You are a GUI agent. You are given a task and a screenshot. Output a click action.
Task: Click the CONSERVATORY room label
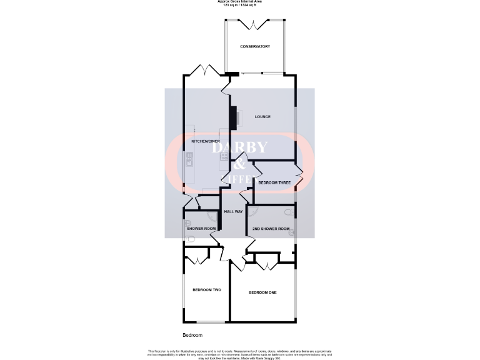click(255, 47)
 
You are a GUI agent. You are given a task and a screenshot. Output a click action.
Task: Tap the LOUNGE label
click(262, 117)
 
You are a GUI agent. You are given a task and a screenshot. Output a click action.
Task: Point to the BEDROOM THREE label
click(274, 182)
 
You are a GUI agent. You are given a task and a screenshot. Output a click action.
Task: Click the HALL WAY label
click(234, 212)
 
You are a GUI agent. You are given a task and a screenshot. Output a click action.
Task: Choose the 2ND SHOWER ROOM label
click(271, 229)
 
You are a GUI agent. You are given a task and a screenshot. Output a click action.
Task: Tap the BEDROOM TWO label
click(207, 290)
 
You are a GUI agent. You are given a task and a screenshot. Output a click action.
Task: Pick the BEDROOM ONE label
click(262, 292)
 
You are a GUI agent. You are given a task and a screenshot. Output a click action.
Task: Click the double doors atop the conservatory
click(255, 25)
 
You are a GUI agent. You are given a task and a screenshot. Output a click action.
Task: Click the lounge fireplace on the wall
click(232, 117)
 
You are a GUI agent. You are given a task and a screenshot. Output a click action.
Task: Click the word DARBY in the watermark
click(240, 147)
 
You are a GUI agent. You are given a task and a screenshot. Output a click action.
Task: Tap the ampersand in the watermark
click(240, 164)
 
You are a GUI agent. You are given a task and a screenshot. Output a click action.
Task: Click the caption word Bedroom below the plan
click(192, 336)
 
